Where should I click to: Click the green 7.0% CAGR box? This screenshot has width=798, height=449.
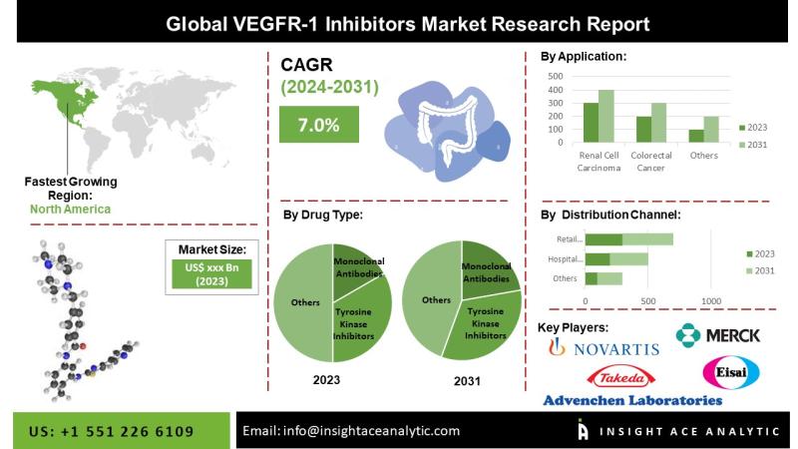[319, 125]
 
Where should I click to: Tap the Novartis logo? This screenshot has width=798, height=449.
[604, 347]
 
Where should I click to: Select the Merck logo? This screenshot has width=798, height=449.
[718, 336]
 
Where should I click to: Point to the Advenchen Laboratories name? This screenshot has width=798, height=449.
[632, 400]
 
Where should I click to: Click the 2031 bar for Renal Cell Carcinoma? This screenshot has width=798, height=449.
[606, 117]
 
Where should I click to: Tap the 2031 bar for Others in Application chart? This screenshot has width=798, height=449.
[711, 130]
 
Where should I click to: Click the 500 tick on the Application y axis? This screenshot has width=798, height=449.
[556, 76]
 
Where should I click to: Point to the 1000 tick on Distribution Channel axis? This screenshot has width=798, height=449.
[711, 300]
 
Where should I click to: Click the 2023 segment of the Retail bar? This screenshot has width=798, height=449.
[603, 239]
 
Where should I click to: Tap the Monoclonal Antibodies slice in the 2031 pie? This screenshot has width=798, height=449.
[488, 266]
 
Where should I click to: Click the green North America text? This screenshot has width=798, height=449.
[71, 210]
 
